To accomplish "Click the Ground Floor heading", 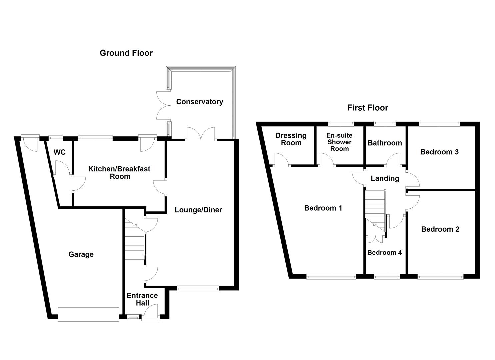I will (126, 53).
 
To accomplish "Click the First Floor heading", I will (368, 108).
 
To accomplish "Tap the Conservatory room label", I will (199, 102).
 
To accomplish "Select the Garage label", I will (81, 255).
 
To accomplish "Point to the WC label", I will (60, 152).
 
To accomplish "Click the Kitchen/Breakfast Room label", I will (119, 172).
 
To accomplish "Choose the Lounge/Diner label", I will (198, 210).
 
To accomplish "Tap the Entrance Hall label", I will (142, 299).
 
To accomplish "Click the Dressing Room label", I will (291, 139).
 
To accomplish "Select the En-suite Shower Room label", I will (339, 142).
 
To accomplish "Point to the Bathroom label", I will (385, 143).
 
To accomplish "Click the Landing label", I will (385, 178).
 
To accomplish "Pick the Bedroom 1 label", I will (323, 208).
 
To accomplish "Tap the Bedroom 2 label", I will (440, 229).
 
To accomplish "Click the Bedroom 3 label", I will (439, 152).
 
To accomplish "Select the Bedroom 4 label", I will (384, 252).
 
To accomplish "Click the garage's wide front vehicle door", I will (88, 314).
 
